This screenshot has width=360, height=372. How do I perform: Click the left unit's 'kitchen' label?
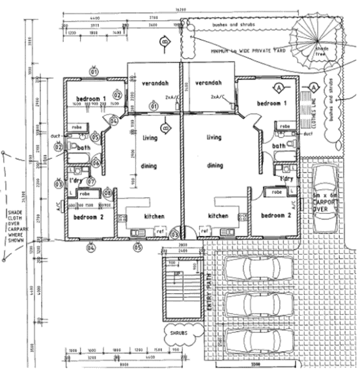(155, 216)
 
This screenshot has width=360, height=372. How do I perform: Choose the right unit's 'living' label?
(213, 138)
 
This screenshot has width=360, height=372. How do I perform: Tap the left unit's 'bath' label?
(84, 147)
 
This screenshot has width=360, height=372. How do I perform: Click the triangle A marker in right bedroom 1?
(277, 87)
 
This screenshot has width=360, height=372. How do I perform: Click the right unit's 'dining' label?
(215, 165)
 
